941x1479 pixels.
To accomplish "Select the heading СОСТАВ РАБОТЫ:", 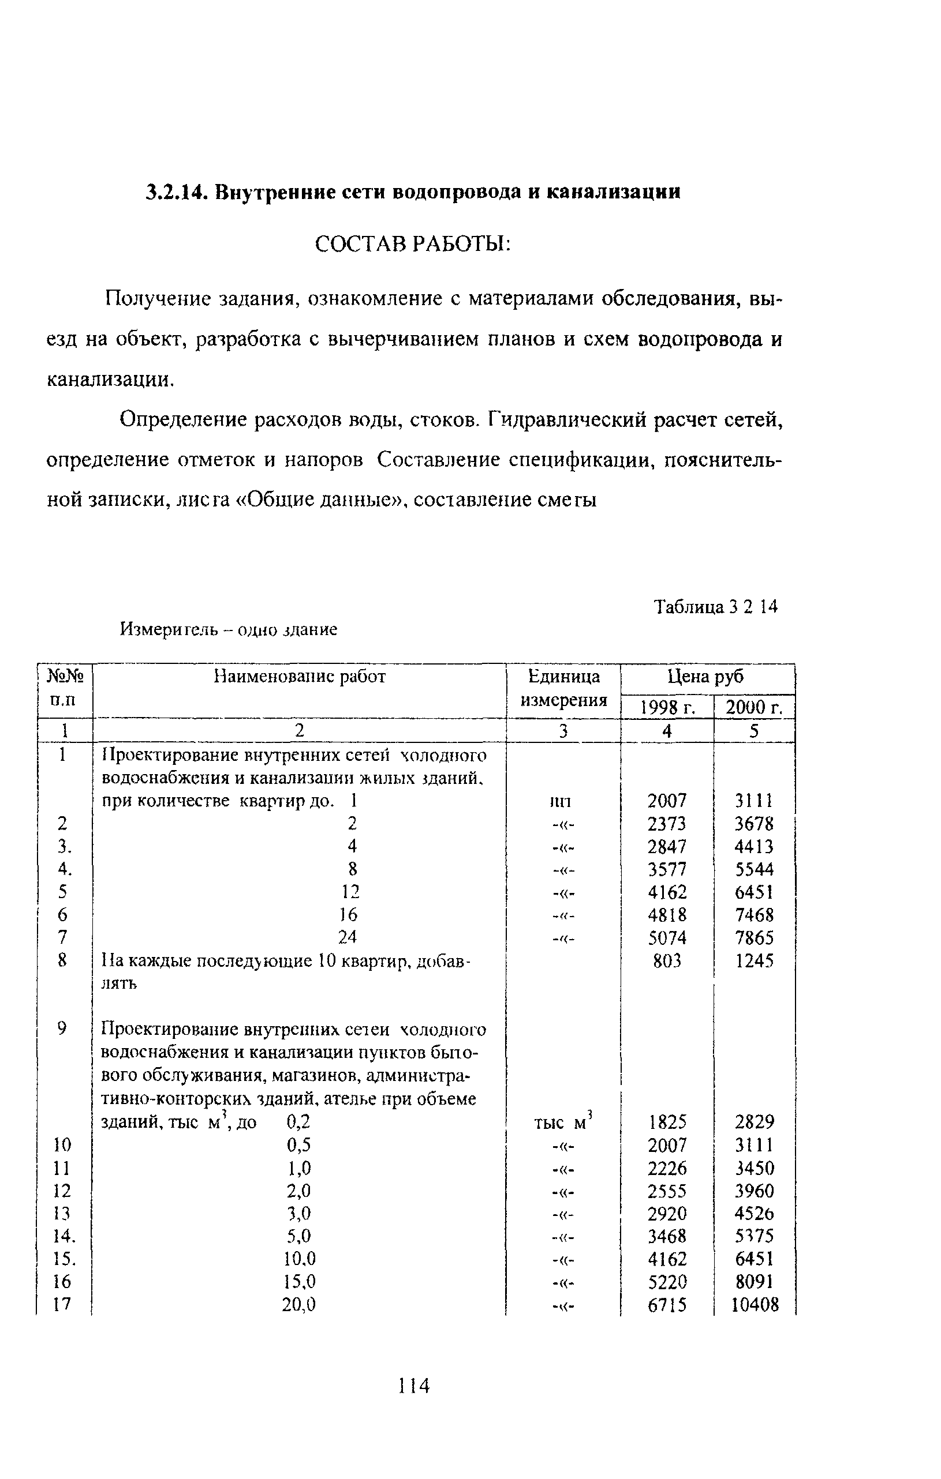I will (412, 245).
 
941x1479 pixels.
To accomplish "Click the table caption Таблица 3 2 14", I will (715, 607).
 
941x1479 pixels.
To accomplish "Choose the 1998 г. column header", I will (667, 708).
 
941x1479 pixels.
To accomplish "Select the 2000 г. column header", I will (754, 708).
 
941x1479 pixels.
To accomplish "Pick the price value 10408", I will (755, 1305).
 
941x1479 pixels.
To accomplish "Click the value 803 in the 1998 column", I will (667, 960).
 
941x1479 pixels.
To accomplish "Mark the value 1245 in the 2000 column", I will (754, 960).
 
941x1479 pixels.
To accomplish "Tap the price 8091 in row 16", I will (754, 1282).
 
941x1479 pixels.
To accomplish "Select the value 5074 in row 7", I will (667, 938).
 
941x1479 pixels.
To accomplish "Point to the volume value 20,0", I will (298, 1305).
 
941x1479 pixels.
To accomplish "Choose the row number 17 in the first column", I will (62, 1305).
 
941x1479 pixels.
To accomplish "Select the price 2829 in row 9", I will (754, 1122).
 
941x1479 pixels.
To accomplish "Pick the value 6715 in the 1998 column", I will (667, 1305).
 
